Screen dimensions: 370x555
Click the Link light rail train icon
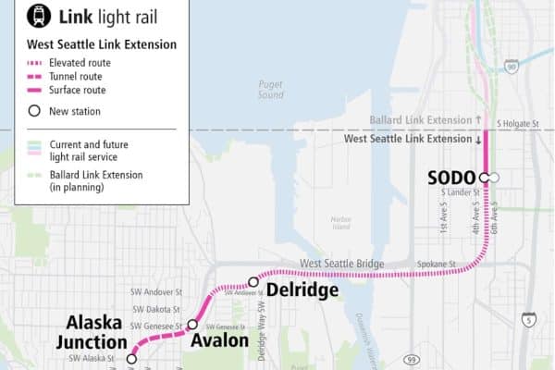pyautogui.click(x=17, y=16)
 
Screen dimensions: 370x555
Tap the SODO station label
pyautogui.click(x=450, y=177)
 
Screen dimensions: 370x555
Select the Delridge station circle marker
pyautogui.click(x=253, y=282)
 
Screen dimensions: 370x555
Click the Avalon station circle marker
pyautogui.click(x=192, y=325)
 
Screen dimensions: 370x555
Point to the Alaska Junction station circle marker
pyautogui.click(x=131, y=358)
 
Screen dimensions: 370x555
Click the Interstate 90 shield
pyautogui.click(x=512, y=66)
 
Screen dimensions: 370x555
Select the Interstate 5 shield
pyautogui.click(x=528, y=319)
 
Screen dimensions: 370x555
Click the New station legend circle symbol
pyautogui.click(x=34, y=111)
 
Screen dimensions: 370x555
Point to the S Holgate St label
pyautogui.click(x=518, y=122)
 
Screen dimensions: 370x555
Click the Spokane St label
pyautogui.click(x=440, y=265)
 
